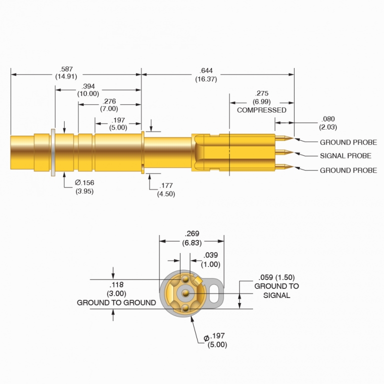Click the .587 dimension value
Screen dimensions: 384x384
(65, 69)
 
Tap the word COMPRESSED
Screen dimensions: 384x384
(261, 110)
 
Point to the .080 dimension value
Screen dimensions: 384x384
(327, 119)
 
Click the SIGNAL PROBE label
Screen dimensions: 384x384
(345, 156)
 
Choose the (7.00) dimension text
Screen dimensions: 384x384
(109, 108)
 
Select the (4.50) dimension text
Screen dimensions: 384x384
(166, 193)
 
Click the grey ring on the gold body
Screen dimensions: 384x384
(52, 152)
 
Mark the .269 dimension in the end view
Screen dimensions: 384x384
(192, 233)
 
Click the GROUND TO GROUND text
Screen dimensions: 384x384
(116, 302)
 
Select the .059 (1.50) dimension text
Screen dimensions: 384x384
(276, 277)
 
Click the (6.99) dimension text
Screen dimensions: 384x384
(261, 101)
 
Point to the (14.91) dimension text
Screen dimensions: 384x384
(65, 77)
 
